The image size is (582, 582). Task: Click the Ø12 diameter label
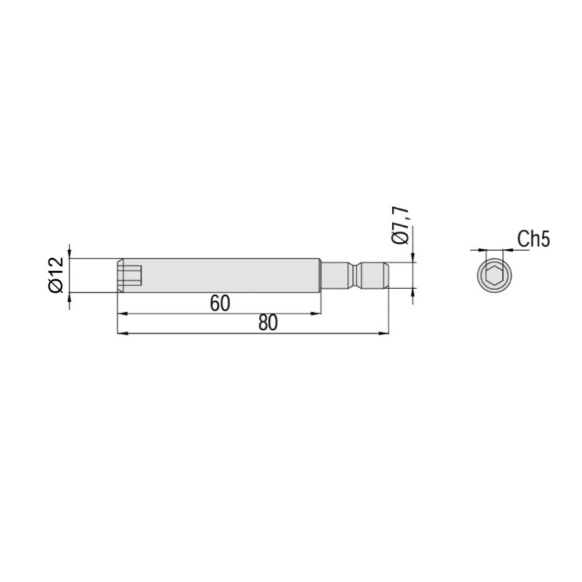pos(57,275)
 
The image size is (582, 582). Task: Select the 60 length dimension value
pos(220,304)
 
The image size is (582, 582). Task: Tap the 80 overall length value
pos(268,323)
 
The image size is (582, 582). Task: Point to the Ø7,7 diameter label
pos(401,225)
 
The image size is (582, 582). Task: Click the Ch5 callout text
pos(534,239)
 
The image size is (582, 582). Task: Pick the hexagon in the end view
pos(494,275)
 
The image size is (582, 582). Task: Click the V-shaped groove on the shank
pos(356,275)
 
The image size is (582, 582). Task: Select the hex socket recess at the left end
pos(130,275)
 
